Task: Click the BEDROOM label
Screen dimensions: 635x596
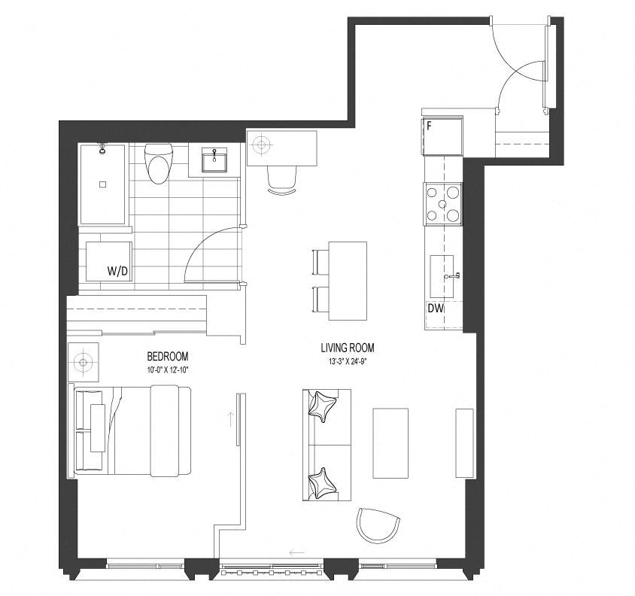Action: click(x=167, y=357)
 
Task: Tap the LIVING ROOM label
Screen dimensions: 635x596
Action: click(x=348, y=348)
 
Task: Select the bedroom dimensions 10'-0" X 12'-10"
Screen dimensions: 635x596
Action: click(x=167, y=369)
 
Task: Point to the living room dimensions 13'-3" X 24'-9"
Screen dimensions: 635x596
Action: click(x=348, y=361)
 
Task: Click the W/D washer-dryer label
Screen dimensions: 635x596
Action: click(x=117, y=271)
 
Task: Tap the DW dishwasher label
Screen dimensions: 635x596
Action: click(x=436, y=309)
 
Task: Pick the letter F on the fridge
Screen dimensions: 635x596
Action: click(x=429, y=126)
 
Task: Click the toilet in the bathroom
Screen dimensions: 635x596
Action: click(x=159, y=164)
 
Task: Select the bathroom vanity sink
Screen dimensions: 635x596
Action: click(x=214, y=160)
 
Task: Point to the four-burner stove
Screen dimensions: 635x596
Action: click(x=442, y=204)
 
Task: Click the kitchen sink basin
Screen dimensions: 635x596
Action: click(x=442, y=276)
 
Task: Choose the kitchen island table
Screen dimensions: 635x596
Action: click(x=348, y=281)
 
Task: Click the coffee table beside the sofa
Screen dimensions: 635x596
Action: click(x=390, y=443)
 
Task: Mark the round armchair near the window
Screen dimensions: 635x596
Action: click(x=378, y=525)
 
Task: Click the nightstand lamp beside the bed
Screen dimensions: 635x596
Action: click(x=83, y=362)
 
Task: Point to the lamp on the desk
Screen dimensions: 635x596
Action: click(x=261, y=144)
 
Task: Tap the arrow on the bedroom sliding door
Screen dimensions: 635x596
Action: click(x=231, y=420)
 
